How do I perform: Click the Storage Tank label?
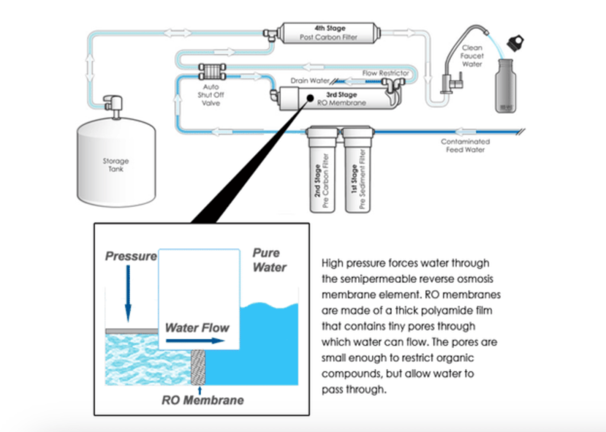click(x=116, y=165)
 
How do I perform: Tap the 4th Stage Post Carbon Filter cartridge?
click(x=330, y=33)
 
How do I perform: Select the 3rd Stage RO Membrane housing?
click(x=332, y=98)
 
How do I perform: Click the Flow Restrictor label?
click(x=385, y=73)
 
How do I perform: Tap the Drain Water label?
click(x=309, y=80)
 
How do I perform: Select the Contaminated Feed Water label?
click(x=465, y=146)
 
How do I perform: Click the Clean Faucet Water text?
click(x=472, y=56)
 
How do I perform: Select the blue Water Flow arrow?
click(x=195, y=341)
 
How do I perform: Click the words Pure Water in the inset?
click(x=269, y=260)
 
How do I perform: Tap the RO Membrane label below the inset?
click(x=203, y=400)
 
